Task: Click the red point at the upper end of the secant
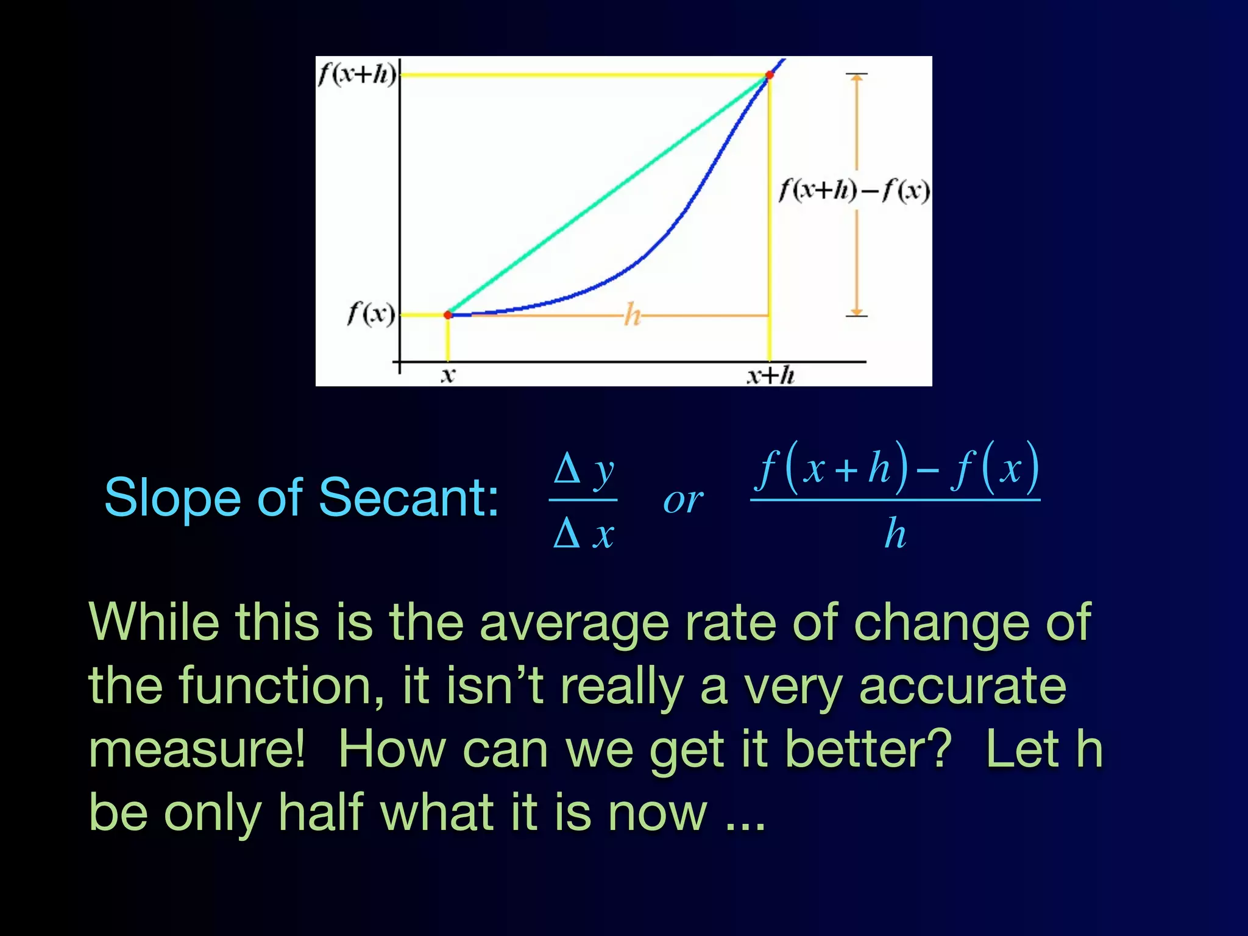(769, 75)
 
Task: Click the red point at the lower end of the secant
(448, 314)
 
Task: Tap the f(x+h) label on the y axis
(357, 74)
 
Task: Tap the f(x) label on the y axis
(370, 314)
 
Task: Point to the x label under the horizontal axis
(448, 375)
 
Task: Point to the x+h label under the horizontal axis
(771, 375)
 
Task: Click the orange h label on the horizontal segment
(633, 316)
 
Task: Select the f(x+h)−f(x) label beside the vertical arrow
(854, 190)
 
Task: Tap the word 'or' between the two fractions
(683, 501)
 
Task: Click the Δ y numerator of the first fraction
(584, 470)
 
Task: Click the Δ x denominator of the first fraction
(584, 534)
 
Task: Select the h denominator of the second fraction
(895, 533)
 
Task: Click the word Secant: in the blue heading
(408, 498)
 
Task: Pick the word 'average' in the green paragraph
(574, 623)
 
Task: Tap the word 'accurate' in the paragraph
(962, 686)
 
